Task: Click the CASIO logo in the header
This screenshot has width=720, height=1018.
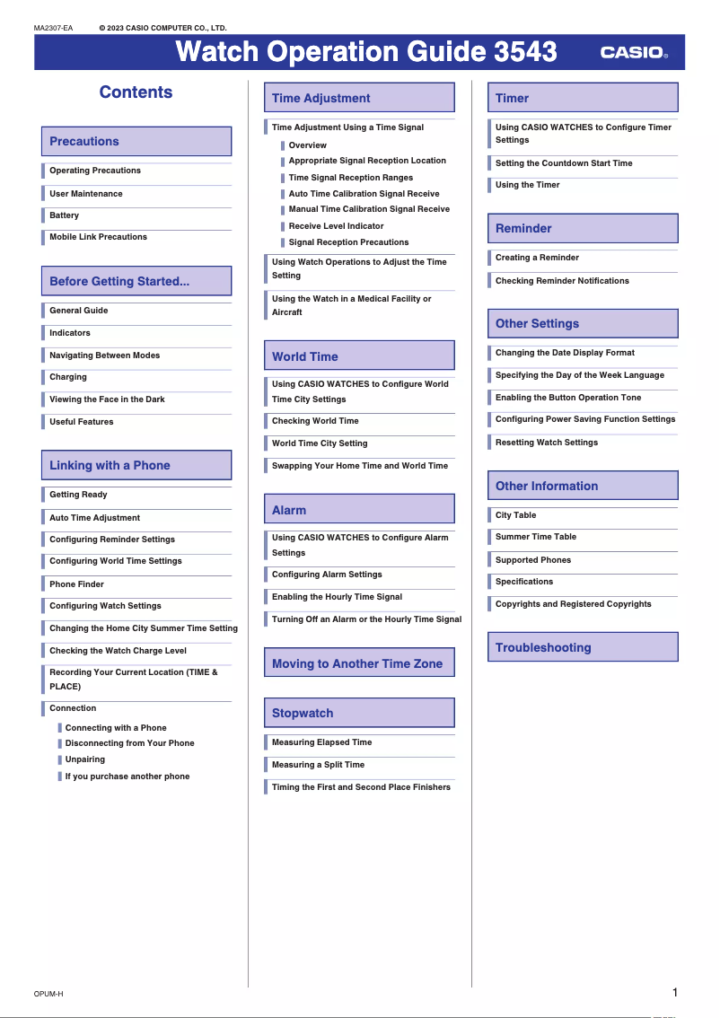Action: click(634, 53)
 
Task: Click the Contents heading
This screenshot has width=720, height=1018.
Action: click(136, 92)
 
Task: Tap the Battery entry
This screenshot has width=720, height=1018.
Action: click(65, 215)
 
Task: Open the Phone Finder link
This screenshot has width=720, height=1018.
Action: click(77, 584)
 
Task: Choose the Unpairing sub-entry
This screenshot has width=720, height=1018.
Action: click(85, 759)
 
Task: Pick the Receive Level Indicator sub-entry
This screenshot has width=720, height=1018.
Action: click(336, 226)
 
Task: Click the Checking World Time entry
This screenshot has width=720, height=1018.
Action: click(315, 421)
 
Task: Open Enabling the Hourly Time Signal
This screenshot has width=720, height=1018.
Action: click(337, 597)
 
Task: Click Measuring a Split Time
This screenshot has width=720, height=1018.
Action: click(318, 765)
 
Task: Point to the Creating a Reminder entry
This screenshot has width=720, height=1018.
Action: click(537, 258)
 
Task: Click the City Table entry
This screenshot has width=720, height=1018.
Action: click(515, 515)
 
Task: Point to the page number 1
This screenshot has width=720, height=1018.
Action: click(674, 992)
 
